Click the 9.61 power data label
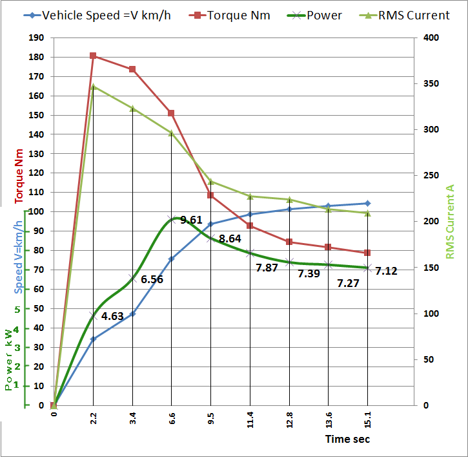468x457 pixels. tap(192, 220)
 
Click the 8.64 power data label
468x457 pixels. tap(230, 239)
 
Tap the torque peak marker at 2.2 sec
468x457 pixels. tap(93, 56)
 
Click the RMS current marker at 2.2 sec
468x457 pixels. tap(93, 87)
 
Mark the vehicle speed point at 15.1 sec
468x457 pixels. tap(367, 204)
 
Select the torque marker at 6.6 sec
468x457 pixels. tap(171, 113)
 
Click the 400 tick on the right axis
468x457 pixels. tap(431, 38)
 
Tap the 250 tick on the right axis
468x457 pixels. tap(431, 176)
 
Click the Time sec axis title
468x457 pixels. tap(347, 439)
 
